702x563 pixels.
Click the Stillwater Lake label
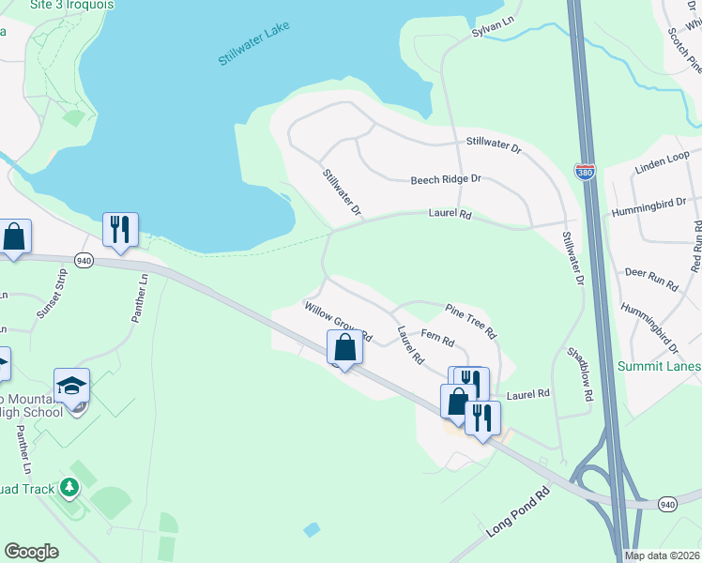[254, 46]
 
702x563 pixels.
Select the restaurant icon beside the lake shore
[120, 229]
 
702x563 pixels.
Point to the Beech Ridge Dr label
[446, 179]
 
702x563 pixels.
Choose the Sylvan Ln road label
[495, 31]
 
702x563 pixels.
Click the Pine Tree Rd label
[470, 318]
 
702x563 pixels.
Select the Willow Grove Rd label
[338, 322]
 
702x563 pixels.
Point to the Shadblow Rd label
[580, 375]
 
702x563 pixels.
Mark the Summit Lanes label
[659, 366]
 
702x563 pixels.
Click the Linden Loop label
[663, 160]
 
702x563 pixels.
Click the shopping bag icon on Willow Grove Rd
[345, 347]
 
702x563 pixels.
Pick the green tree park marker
[69, 488]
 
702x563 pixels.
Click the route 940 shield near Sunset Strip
[84, 261]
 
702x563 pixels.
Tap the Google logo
[32, 552]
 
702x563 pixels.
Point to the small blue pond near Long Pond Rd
[312, 530]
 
